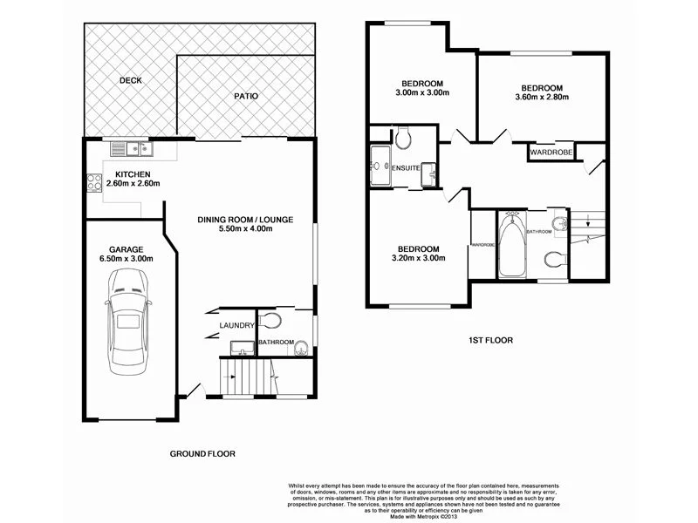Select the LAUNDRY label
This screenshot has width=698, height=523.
coord(238,326)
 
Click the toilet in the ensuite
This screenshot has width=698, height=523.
coord(403,138)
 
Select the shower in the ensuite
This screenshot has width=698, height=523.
coord(380,167)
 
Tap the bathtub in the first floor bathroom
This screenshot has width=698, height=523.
coord(510,246)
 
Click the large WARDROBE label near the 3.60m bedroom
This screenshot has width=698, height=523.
coord(551,152)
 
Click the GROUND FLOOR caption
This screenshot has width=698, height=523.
coord(202,453)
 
